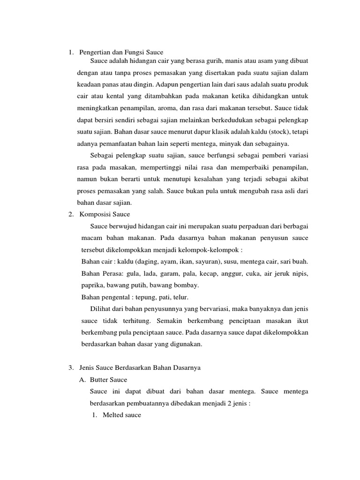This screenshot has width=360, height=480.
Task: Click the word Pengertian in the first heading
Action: point(95,52)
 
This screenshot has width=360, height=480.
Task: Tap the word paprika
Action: point(92,285)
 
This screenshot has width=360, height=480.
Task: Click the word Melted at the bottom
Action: point(112,415)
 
